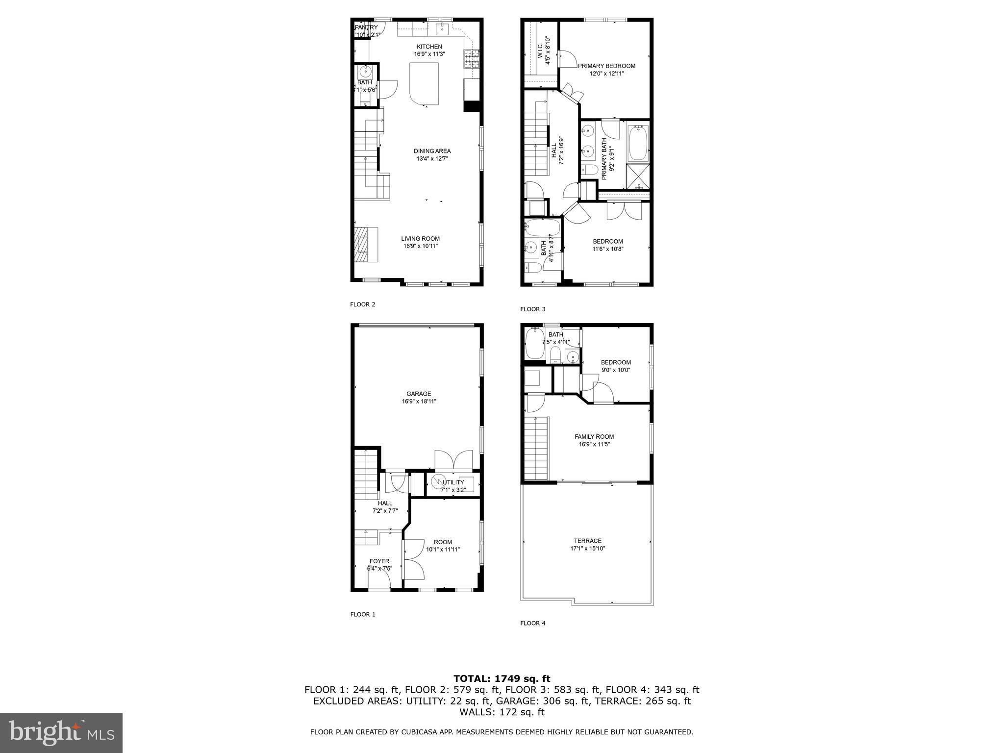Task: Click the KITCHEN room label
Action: [x=429, y=47]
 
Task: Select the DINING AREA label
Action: [x=432, y=151]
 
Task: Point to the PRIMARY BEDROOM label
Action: [x=606, y=66]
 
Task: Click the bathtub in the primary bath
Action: [x=638, y=143]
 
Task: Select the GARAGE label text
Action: [x=419, y=394]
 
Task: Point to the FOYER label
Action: [x=379, y=561]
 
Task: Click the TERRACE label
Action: [x=587, y=541]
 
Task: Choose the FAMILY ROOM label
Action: [x=594, y=436]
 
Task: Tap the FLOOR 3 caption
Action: [x=532, y=309]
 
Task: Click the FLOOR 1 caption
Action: [x=363, y=614]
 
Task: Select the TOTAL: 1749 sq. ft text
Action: [x=502, y=679]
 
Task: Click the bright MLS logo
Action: [x=61, y=732]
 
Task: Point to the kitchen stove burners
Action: [x=471, y=60]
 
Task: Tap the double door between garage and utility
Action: [x=453, y=461]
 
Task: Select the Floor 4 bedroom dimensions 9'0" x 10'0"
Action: [x=616, y=370]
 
